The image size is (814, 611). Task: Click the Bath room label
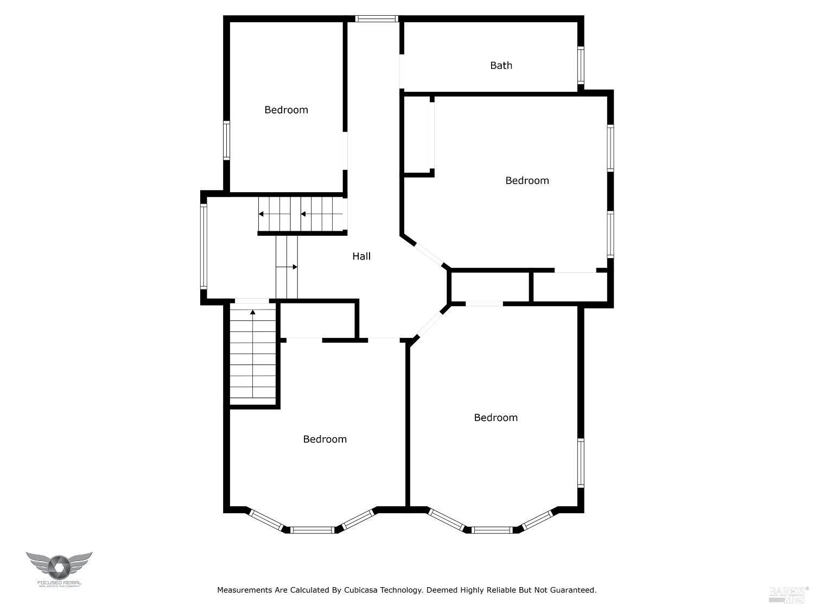[x=501, y=65]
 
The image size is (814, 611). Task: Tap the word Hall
[x=361, y=256]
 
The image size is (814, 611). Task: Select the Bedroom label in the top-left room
[x=286, y=110]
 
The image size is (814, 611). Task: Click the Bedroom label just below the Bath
[x=527, y=180]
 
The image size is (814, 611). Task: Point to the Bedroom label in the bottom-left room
[x=325, y=439]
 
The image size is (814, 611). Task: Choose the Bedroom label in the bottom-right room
[x=495, y=417]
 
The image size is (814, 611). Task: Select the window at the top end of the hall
[x=377, y=18]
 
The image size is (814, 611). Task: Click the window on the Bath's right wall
[x=581, y=65]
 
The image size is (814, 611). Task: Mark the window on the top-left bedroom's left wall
[x=226, y=140]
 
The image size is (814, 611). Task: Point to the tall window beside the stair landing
[x=203, y=246]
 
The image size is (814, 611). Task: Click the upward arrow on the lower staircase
[x=253, y=312]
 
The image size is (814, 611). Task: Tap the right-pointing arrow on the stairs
[x=294, y=267]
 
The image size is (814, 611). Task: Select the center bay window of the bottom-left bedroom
[x=312, y=530]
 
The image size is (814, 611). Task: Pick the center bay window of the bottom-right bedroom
[x=492, y=530]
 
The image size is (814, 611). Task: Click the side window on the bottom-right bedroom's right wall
[x=581, y=463]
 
